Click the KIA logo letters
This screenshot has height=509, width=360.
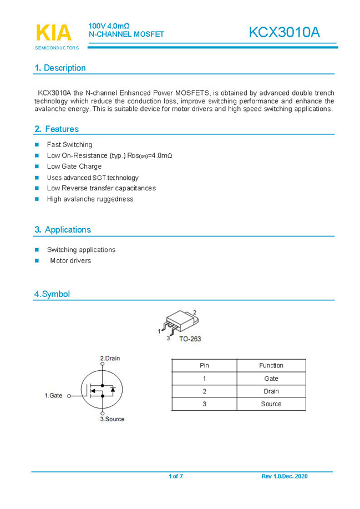pyautogui.click(x=54, y=33)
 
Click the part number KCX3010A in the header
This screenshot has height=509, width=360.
pyautogui.click(x=284, y=32)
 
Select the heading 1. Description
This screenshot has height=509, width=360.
pyautogui.click(x=60, y=68)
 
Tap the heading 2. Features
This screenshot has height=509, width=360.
pyautogui.click(x=57, y=129)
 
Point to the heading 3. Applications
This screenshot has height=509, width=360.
pyautogui.click(x=62, y=229)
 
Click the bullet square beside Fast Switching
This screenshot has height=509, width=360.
pyautogui.click(x=37, y=145)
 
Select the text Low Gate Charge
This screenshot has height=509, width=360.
pyautogui.click(x=74, y=167)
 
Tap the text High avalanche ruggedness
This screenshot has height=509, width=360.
pyautogui.click(x=90, y=199)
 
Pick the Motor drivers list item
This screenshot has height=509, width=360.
pyautogui.click(x=70, y=260)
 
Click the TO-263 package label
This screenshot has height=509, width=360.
pyautogui.click(x=190, y=339)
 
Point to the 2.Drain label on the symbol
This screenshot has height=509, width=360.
pyautogui.click(x=110, y=359)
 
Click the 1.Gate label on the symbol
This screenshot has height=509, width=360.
pyautogui.click(x=54, y=396)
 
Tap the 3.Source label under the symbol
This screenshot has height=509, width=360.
pyautogui.click(x=112, y=419)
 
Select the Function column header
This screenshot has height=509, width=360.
pyautogui.click(x=271, y=365)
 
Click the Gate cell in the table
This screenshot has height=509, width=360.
pyautogui.click(x=271, y=379)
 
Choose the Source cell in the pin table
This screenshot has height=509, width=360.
pyautogui.click(x=271, y=404)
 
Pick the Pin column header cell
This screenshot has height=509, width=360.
pyautogui.click(x=204, y=365)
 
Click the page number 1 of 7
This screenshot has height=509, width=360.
pyautogui.click(x=176, y=476)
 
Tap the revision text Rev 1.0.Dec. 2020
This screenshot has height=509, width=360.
pyautogui.click(x=285, y=476)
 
